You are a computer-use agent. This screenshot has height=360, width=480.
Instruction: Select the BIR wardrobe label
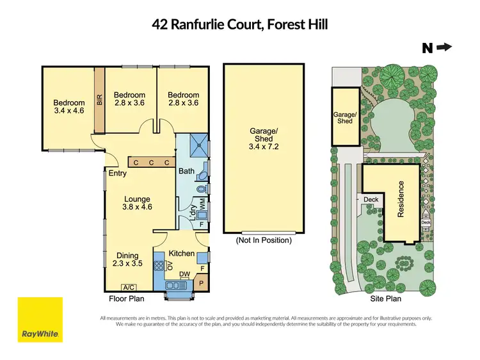[99, 100]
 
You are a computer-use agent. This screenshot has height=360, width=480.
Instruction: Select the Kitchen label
[182, 253]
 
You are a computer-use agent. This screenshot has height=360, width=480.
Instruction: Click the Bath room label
[186, 171]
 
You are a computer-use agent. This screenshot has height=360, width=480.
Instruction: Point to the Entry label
[118, 173]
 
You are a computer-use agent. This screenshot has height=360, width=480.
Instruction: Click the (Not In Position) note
[264, 240]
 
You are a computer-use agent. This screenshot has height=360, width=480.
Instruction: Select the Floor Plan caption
[127, 299]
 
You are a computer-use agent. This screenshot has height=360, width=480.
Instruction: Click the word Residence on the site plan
[402, 199]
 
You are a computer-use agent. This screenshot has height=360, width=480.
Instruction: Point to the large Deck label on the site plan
[371, 199]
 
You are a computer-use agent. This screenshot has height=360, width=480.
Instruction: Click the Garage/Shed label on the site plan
[344, 117]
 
